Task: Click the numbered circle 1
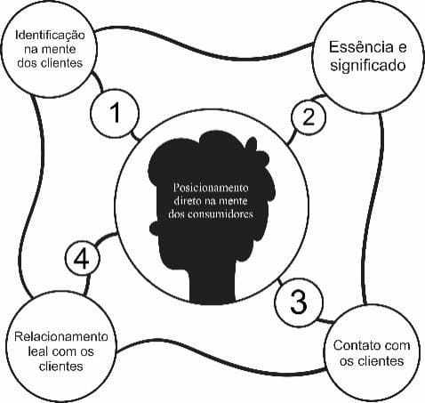(115, 114)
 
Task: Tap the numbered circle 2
(309, 117)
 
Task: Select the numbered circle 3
(299, 302)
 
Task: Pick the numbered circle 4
(82, 258)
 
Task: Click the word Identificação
(50, 35)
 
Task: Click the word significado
(368, 65)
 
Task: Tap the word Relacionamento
(61, 336)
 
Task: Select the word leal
(37, 351)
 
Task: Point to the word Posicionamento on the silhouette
(211, 188)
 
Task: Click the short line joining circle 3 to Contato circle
(325, 320)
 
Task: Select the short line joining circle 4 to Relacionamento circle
(87, 286)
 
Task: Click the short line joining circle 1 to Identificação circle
(98, 82)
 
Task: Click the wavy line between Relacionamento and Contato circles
(220, 360)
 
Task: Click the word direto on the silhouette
(186, 201)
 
